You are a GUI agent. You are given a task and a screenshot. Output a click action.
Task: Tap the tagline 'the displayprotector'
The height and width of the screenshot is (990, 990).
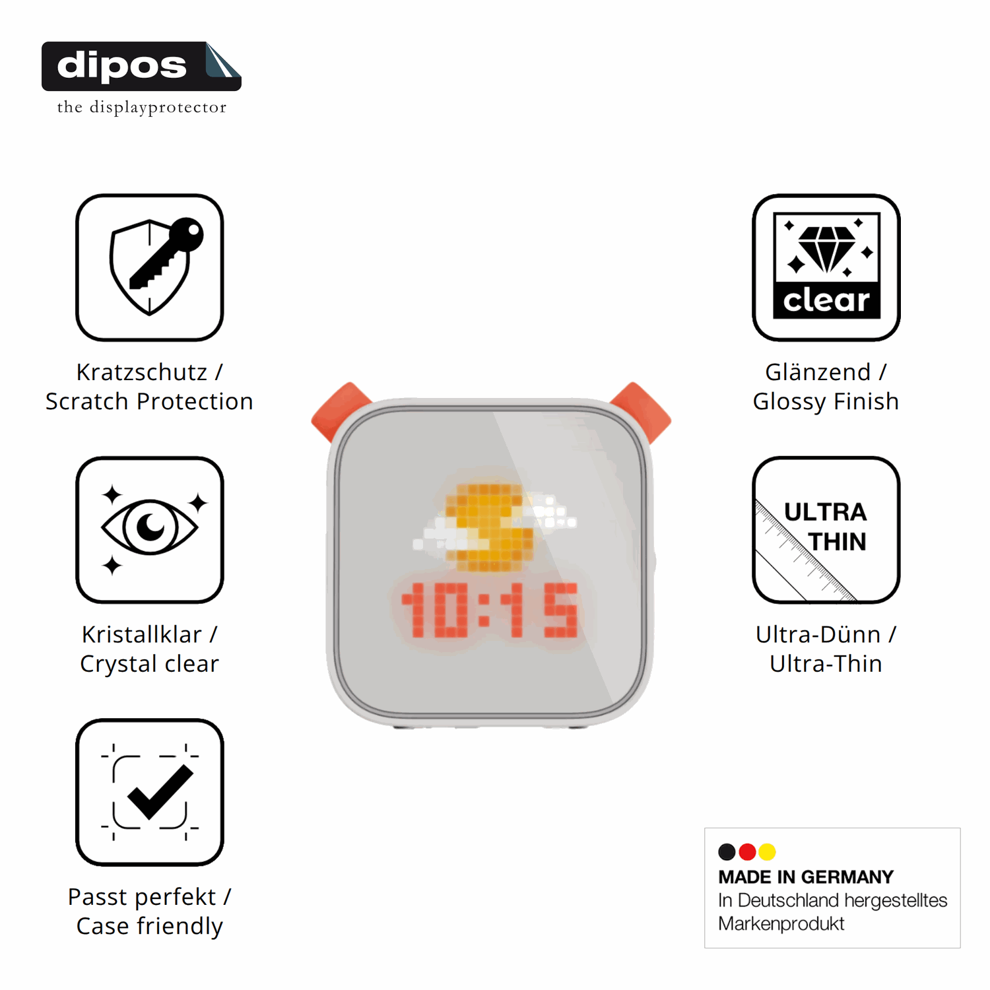pyautogui.click(x=142, y=107)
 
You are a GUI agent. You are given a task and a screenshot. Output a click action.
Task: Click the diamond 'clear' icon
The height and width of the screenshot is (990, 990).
pyautogui.click(x=826, y=267)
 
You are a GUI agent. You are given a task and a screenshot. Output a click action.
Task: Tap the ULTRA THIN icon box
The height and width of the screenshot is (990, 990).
pyautogui.click(x=826, y=529)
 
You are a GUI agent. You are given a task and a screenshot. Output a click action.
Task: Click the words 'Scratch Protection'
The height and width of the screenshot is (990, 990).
pyautogui.click(x=149, y=401)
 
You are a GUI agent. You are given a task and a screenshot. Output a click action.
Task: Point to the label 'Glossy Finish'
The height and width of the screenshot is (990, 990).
pyautogui.click(x=826, y=401)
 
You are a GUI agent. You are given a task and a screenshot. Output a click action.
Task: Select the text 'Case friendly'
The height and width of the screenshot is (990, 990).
pyautogui.click(x=150, y=926)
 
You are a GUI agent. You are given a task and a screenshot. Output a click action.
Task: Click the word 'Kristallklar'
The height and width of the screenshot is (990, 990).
pyautogui.click(x=141, y=634)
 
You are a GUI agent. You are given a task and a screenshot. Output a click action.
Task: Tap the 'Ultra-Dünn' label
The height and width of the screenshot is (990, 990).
pyautogui.click(x=818, y=634)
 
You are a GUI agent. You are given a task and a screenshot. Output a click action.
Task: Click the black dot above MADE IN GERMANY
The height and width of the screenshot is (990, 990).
pyautogui.click(x=727, y=852)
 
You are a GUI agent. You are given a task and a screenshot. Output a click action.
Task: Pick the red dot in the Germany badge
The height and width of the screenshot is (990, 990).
pyautogui.click(x=747, y=852)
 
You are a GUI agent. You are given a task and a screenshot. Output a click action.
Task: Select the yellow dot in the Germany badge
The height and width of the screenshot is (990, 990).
pyautogui.click(x=767, y=852)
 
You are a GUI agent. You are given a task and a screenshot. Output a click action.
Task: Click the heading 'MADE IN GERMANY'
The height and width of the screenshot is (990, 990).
pyautogui.click(x=806, y=877)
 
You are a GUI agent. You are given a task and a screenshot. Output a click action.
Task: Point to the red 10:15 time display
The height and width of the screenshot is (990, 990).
pyautogui.click(x=489, y=610)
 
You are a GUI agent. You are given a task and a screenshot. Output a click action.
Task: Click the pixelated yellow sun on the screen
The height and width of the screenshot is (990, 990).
pyautogui.click(x=488, y=527)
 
